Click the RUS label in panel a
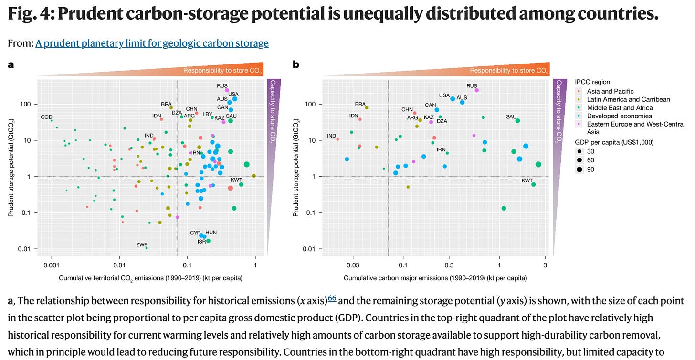[222, 86]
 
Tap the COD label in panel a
[46, 117]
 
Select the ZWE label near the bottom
[142, 244]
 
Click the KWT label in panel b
[527, 180]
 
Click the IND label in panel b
[332, 136]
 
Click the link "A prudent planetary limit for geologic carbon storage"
[152, 43]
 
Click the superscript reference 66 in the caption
[332, 298]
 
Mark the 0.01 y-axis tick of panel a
[25, 249]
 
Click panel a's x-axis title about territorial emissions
[150, 278]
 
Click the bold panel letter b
[296, 64]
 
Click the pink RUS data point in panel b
[476, 90]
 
